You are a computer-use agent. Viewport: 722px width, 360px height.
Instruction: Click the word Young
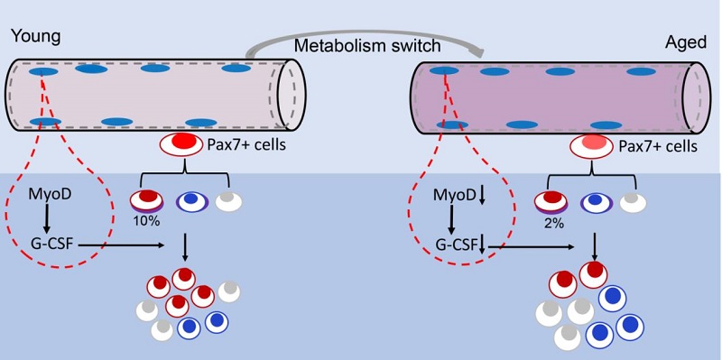[x=35, y=36]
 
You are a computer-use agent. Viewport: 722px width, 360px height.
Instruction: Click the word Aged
[x=686, y=42]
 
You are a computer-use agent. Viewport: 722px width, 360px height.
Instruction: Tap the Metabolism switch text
[x=367, y=46]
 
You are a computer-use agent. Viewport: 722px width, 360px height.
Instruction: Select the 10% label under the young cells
[x=146, y=221]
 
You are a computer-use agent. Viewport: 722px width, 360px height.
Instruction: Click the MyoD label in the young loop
[x=46, y=195]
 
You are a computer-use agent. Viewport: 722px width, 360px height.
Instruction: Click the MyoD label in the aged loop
[x=453, y=195]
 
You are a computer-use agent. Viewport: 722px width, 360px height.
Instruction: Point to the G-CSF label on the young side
[x=50, y=244]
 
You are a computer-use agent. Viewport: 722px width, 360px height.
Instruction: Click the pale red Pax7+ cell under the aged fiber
[x=592, y=146]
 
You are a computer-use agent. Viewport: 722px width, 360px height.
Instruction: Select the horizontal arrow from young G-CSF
[x=121, y=245]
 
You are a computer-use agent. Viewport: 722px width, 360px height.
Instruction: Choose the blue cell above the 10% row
[x=192, y=200]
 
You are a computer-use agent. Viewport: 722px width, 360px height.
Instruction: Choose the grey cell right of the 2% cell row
[x=634, y=201]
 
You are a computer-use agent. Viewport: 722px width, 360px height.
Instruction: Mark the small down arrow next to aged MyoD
[x=482, y=196]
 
